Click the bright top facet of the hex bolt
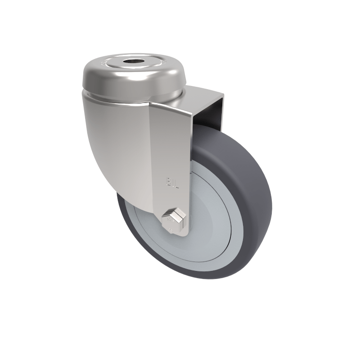[173, 211]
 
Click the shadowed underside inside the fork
[207, 112]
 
